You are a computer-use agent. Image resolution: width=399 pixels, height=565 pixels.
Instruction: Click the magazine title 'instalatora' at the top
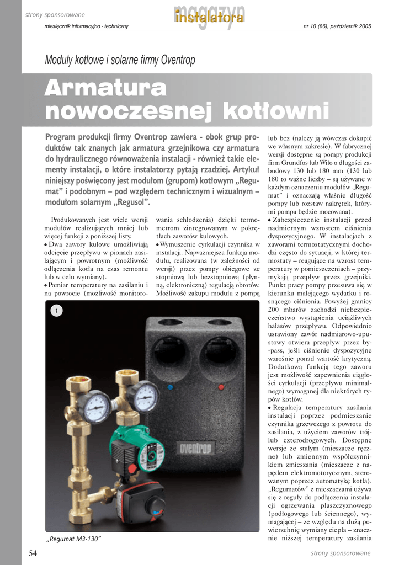point(209,18)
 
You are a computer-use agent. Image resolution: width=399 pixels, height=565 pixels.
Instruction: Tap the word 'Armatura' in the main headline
point(105,88)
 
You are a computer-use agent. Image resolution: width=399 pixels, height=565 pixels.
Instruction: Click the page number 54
point(33,553)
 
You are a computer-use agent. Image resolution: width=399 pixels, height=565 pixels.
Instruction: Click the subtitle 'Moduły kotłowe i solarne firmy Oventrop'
point(120,60)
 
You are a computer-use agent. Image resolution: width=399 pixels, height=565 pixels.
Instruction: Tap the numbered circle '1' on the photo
point(55,311)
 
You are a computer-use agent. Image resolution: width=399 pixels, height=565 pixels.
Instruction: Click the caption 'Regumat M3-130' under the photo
point(73,538)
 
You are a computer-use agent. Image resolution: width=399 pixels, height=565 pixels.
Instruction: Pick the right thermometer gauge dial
point(145,396)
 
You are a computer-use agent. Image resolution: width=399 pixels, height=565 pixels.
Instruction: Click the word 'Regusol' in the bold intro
point(130,202)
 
